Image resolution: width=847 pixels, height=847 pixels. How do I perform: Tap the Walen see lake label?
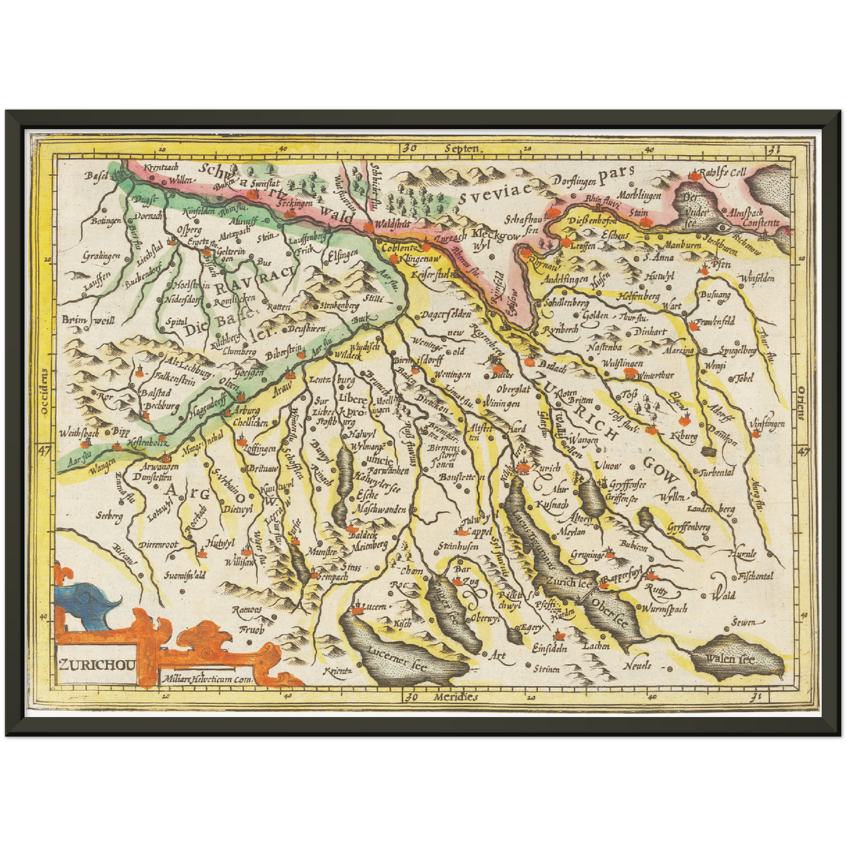point(730,659)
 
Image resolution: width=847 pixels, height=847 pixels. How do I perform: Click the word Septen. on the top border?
point(462,149)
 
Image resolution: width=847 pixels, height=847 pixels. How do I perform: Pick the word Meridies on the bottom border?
point(456,697)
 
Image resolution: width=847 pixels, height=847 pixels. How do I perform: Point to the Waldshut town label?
point(390,224)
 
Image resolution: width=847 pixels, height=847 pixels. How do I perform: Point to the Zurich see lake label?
point(567,582)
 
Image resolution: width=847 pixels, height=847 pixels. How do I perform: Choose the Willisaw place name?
point(240,562)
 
